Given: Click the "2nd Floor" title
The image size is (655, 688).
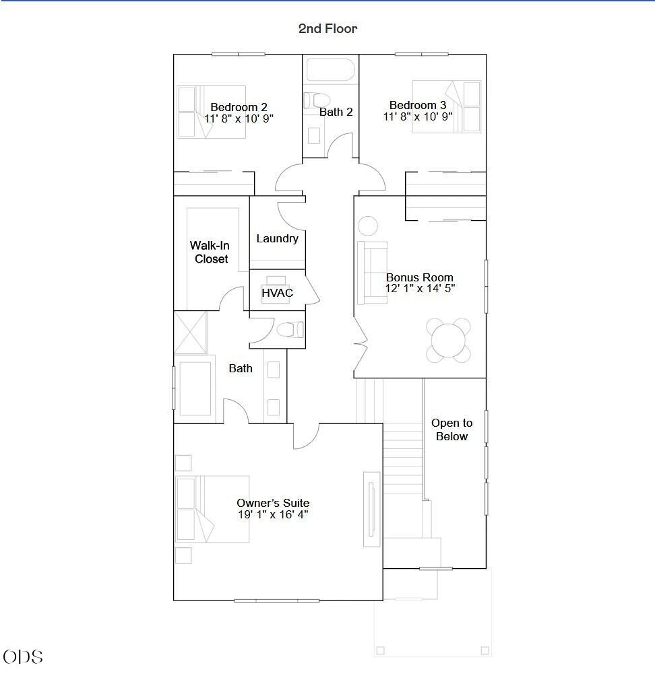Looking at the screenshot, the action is [x=327, y=28].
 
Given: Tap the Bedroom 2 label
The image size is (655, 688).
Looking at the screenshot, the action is [x=239, y=107].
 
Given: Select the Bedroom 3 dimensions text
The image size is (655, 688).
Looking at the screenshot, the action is [x=418, y=116].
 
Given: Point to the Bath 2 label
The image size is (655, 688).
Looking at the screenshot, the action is [x=336, y=112].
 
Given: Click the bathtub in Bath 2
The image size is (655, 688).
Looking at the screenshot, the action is [x=330, y=70].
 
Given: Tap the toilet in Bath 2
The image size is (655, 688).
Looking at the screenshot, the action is [x=316, y=100].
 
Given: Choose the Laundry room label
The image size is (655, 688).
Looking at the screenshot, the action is [x=277, y=239].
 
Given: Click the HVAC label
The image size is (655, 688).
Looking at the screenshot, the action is [x=277, y=293].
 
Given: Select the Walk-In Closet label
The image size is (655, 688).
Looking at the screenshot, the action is [x=210, y=252].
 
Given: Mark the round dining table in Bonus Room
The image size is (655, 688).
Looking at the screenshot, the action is [x=448, y=341].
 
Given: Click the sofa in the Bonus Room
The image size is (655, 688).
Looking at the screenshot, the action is [x=373, y=273].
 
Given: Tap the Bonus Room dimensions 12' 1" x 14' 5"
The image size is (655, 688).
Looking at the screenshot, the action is [x=420, y=288].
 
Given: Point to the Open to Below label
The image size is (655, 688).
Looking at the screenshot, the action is [x=451, y=429].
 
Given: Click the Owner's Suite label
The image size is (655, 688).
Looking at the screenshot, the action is [x=273, y=503].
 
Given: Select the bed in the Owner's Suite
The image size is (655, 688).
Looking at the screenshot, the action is [x=213, y=509].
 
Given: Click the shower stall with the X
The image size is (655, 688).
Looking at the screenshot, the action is [x=191, y=333].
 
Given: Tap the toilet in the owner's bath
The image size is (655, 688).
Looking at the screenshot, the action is [x=290, y=329].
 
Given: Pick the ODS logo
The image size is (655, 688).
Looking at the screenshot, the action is [x=23, y=657].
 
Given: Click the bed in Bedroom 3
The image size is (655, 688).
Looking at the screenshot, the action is [x=447, y=106].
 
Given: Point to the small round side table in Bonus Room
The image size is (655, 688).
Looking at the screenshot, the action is [x=368, y=226].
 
